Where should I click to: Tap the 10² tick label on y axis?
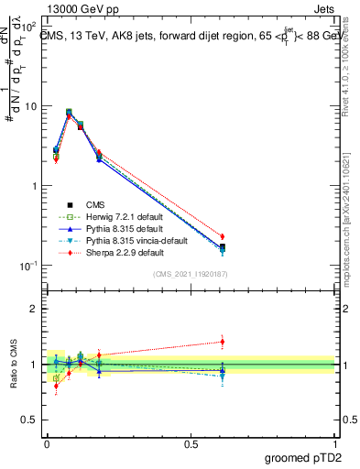click(27, 27)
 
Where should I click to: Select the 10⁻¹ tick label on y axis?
click(27, 266)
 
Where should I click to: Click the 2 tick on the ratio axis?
click(34, 309)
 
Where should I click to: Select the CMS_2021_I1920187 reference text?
click(190, 273)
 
